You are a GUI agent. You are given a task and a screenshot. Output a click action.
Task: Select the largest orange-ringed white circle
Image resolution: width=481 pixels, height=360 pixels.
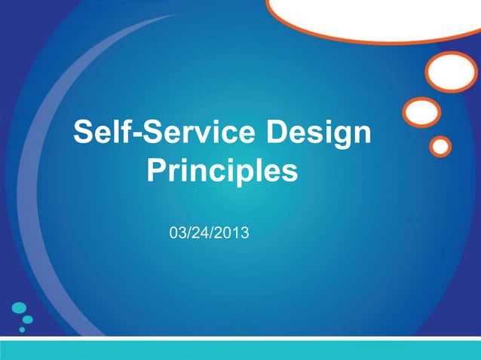451,72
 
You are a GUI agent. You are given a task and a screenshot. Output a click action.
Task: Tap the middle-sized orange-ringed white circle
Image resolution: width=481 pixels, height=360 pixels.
421,113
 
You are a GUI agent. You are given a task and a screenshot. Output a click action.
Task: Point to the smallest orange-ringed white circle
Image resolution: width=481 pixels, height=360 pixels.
441,145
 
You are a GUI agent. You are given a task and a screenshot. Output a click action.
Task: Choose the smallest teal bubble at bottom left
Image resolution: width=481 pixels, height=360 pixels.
22,329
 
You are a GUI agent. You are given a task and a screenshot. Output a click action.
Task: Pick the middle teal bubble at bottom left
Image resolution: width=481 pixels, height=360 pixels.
27,319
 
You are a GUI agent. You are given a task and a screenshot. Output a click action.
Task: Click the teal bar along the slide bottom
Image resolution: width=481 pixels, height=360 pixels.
240,350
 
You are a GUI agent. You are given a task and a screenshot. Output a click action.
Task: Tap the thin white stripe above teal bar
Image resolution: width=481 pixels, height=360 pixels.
240,338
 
